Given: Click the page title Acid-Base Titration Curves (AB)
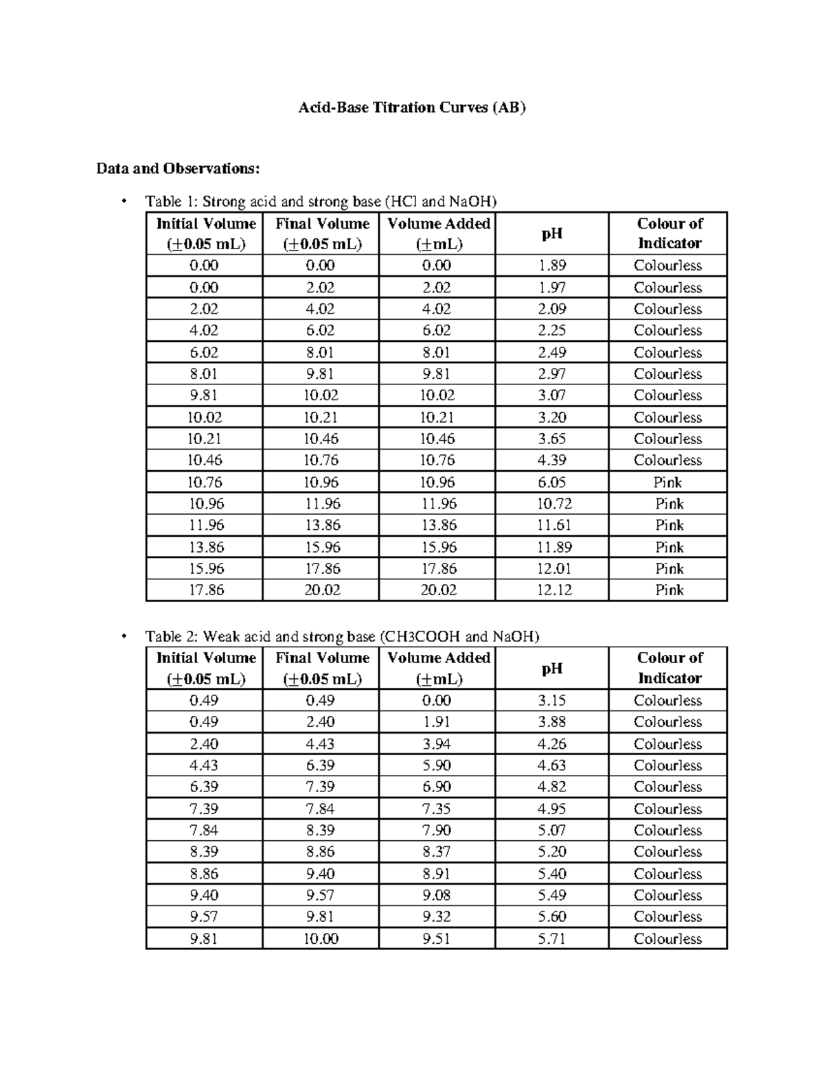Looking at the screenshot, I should [411, 108].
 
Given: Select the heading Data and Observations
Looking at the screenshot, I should [179, 168].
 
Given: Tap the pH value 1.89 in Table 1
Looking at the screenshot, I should [551, 266].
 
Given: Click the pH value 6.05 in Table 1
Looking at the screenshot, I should [551, 483].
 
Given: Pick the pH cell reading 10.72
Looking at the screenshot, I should [553, 504].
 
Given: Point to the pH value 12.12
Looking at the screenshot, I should [553, 590].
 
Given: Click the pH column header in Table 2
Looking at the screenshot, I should [551, 669].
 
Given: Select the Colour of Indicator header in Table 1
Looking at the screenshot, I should [669, 233].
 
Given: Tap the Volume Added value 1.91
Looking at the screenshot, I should [437, 722].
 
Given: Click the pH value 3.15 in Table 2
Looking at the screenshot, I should [551, 701].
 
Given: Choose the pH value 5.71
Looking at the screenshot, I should [551, 938].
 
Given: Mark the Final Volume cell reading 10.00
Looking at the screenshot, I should [321, 938].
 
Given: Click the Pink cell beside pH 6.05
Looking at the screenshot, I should [668, 483].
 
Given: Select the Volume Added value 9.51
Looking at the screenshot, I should [437, 938].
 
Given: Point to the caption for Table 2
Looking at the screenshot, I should [342, 636].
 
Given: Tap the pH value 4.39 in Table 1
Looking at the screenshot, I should [551, 461].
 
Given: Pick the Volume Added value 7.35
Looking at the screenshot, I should [437, 809].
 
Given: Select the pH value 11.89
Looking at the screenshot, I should [553, 547].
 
